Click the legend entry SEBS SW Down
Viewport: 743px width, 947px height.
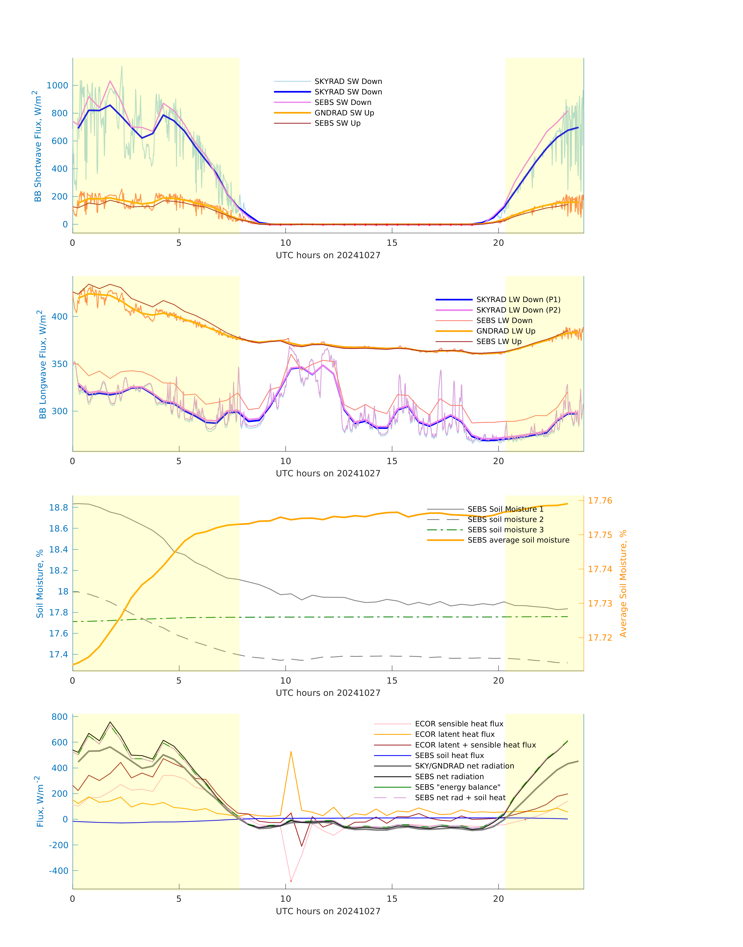(x=343, y=102)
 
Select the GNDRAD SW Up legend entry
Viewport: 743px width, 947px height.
(x=344, y=113)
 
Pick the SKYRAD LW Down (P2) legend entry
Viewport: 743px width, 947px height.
(x=518, y=310)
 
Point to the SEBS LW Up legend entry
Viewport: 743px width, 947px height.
(x=498, y=342)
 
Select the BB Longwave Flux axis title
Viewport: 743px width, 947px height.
(x=42, y=365)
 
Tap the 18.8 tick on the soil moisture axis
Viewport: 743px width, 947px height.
(x=58, y=508)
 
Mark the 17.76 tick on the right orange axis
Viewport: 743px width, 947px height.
(x=600, y=501)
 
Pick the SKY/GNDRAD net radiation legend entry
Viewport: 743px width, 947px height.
(x=464, y=766)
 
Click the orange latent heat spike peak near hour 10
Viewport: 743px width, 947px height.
(x=291, y=751)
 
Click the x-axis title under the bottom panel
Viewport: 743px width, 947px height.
(x=328, y=911)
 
